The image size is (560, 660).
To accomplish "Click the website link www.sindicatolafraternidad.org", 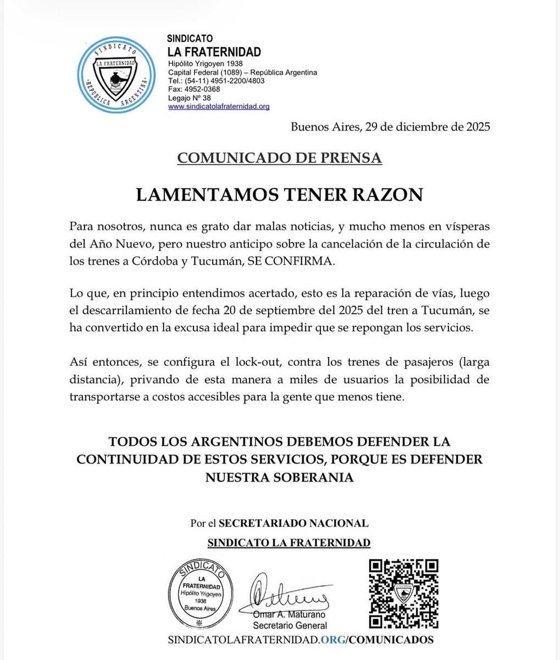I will coord(219,107).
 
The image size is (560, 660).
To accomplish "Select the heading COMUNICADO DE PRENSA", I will coord(279,158).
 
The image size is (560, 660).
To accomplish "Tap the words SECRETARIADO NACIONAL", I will coord(293,523).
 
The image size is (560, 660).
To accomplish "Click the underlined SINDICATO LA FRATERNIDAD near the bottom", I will coord(289,543).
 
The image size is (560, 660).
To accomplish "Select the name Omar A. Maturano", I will coord(290,614).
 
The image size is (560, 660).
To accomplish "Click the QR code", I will coord(403,593).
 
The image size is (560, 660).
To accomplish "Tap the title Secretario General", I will coord(290,625).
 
